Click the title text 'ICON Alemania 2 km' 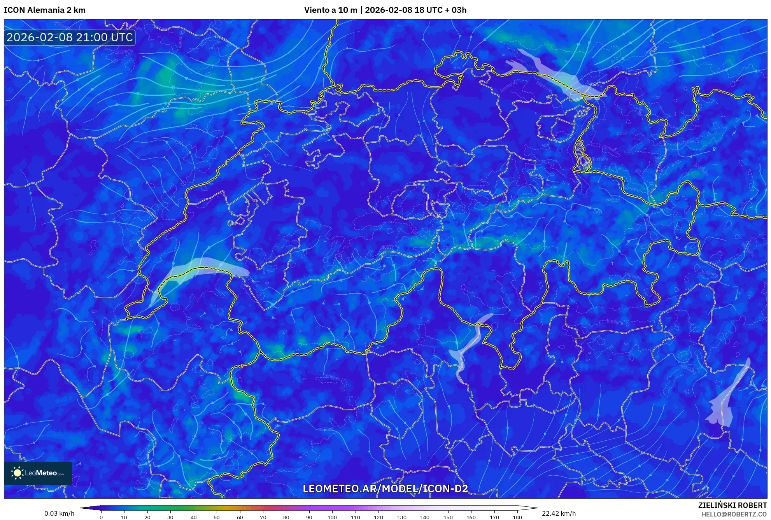point(45,10)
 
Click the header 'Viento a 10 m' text point(330,10)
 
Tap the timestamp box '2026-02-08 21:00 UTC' point(70,37)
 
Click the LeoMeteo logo point(38,473)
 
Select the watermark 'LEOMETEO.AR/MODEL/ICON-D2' point(385,488)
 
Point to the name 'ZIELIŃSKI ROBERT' point(732,505)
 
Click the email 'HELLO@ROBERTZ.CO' point(734,514)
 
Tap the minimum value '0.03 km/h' point(59,513)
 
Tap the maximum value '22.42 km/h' point(559,513)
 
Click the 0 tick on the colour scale point(101,517)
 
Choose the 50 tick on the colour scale point(217,517)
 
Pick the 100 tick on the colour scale point(332,517)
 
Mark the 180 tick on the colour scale point(517,517)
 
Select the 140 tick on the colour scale point(425,517)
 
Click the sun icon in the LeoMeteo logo point(17,473)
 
